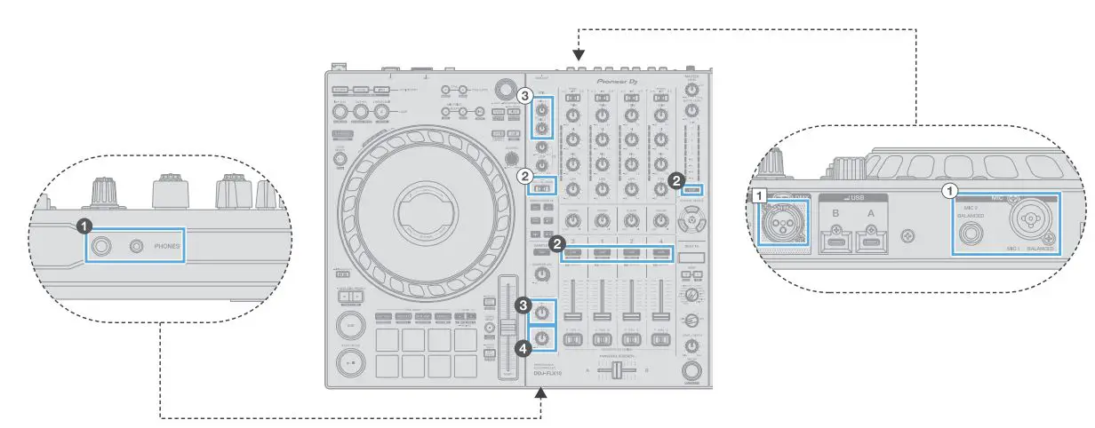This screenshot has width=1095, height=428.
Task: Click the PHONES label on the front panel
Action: coord(166,245)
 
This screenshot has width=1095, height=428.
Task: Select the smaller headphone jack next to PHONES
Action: coord(137,245)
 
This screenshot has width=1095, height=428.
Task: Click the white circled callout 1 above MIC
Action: coord(948,190)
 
